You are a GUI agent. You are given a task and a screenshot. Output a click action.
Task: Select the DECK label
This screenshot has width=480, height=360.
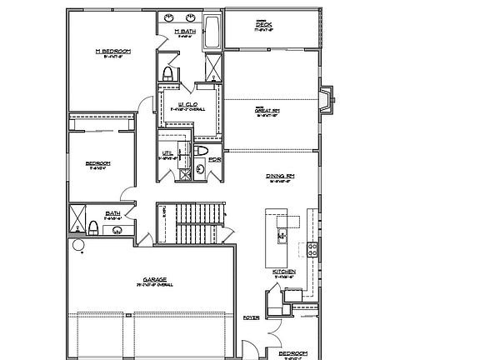[264, 25]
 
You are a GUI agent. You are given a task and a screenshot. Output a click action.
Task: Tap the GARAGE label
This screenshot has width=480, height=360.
[155, 280]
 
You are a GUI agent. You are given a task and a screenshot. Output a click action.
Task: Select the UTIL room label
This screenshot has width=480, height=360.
[167, 153]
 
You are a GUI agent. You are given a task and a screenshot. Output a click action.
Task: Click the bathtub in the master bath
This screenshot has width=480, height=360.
[212, 32]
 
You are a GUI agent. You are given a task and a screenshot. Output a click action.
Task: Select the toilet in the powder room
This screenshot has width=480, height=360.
[202, 151]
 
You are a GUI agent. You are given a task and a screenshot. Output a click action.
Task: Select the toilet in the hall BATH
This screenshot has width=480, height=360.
[94, 227]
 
